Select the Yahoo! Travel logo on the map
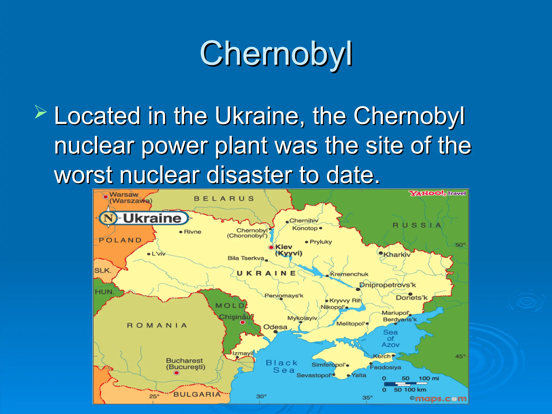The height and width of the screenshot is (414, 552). click(x=437, y=193)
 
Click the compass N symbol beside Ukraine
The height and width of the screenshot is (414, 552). click(x=108, y=218)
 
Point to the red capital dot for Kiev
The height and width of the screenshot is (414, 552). click(x=271, y=247)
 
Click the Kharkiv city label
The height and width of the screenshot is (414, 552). click(x=397, y=255)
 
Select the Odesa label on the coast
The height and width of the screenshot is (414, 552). click(x=275, y=327)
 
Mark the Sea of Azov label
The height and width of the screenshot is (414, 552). click(x=391, y=339)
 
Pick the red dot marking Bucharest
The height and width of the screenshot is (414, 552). click(x=177, y=373)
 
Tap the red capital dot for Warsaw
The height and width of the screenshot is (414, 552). click(x=105, y=197)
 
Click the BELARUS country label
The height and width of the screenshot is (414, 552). click(x=224, y=199)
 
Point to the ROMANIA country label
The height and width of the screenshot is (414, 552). click(x=157, y=326)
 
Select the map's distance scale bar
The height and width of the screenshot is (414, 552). click(x=406, y=384)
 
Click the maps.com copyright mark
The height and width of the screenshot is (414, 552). click(x=438, y=399)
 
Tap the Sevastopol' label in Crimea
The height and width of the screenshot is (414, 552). click(x=314, y=375)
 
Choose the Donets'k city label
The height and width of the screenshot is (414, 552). click(x=412, y=298)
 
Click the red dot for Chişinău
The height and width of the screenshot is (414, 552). click(x=243, y=322)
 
